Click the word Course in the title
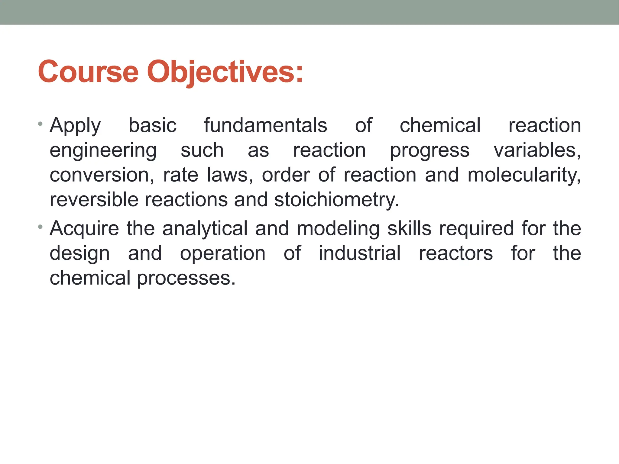coord(88,72)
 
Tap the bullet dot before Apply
coord(41,124)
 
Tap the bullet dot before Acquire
coord(41,227)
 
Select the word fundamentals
coord(265,126)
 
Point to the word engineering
coord(103,151)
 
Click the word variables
coord(537,150)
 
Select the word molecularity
coord(524,175)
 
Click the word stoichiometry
coord(336,200)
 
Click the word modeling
coord(338,229)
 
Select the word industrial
coord(360,253)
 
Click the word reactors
coord(456,253)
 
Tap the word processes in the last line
coord(186,279)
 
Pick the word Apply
coord(75,126)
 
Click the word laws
coord(230,175)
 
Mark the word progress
coord(429,151)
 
